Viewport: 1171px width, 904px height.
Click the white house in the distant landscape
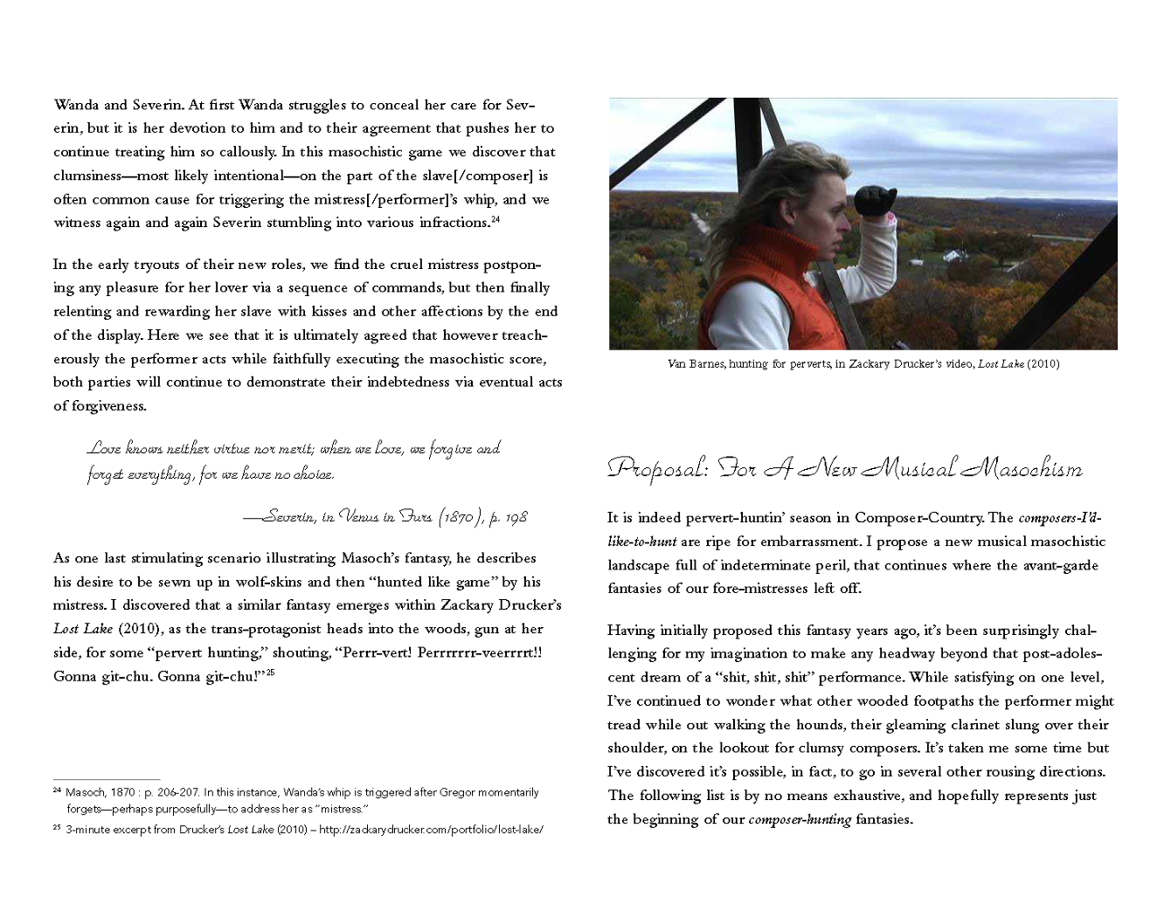click(x=953, y=256)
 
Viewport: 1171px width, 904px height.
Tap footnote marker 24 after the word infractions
click(x=495, y=219)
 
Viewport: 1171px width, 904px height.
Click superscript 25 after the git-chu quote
click(x=270, y=673)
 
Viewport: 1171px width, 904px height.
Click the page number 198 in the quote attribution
click(x=516, y=517)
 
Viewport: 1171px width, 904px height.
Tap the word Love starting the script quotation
click(x=104, y=449)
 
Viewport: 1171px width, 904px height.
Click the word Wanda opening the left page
click(x=77, y=105)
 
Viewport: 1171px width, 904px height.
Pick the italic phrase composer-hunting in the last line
click(x=800, y=819)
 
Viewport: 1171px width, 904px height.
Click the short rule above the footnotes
click(x=107, y=779)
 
